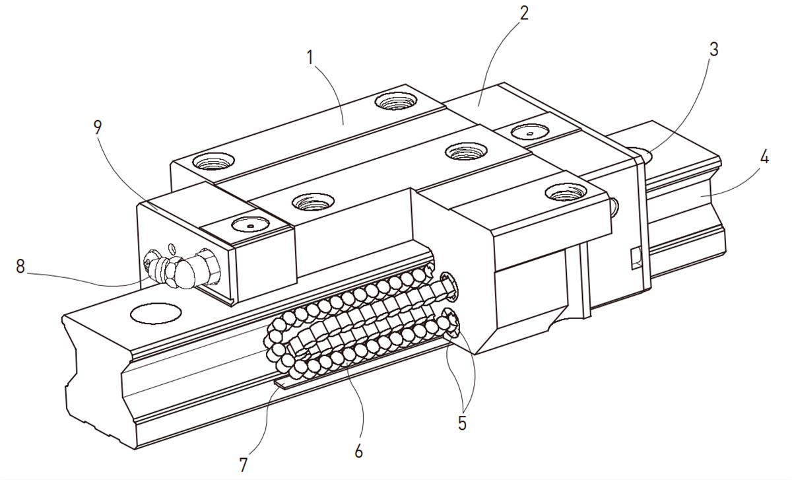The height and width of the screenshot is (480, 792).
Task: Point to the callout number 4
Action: coord(764,158)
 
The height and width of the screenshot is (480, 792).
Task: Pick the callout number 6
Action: coord(358,452)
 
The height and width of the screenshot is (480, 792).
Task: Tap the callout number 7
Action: coord(244,465)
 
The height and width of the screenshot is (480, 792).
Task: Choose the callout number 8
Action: coord(20,267)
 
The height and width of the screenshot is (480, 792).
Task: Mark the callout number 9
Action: coord(98,127)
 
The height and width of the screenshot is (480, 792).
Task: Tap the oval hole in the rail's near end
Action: coord(156,314)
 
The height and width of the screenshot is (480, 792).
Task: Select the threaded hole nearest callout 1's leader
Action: coord(396,101)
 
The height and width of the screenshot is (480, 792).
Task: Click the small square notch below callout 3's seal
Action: coord(636,256)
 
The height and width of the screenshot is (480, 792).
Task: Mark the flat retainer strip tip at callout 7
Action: coord(280,384)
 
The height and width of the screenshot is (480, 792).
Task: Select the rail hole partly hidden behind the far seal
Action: coord(643,156)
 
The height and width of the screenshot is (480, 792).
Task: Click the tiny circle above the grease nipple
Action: coord(172,249)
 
